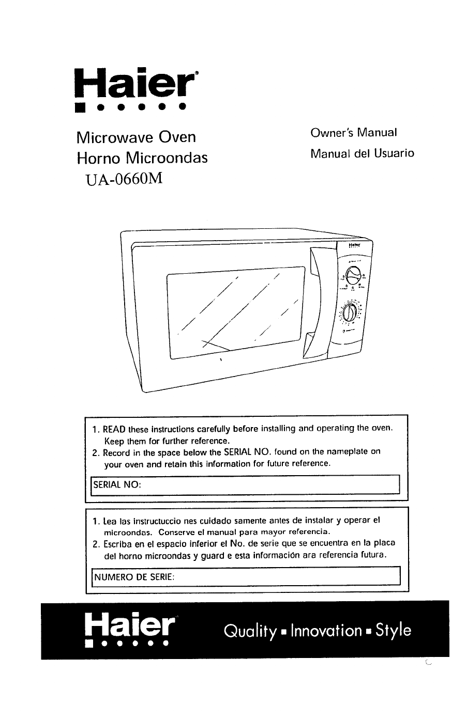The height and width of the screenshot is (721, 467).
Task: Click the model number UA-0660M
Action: tap(122, 179)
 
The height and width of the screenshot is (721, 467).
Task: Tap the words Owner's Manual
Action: tap(354, 132)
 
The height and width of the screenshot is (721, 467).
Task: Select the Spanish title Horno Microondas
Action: tap(142, 158)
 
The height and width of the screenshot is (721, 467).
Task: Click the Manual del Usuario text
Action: tap(362, 153)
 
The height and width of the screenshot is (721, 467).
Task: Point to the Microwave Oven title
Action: tap(136, 137)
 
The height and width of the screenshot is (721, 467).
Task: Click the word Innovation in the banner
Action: tap(326, 631)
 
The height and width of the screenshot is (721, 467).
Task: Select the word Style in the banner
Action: tap(394, 631)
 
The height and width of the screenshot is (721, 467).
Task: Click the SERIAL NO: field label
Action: tap(117, 485)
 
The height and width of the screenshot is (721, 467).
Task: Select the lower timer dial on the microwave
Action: tap(351, 313)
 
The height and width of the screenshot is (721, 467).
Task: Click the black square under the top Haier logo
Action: tap(79, 108)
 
